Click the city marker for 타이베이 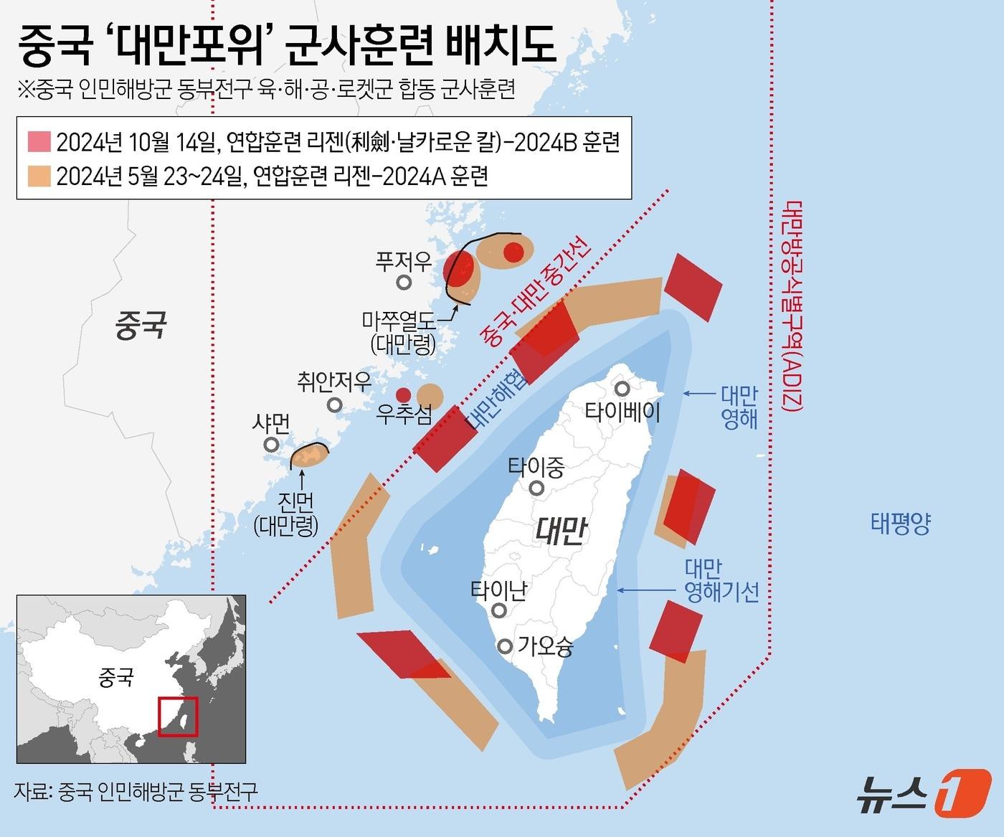(622, 388)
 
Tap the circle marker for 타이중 (536, 488)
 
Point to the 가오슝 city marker (506, 646)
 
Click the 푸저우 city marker (404, 282)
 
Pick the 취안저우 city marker (334, 405)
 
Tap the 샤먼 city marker (271, 445)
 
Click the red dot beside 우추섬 (404, 394)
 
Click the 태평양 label (901, 524)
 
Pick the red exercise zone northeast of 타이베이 (693, 287)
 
